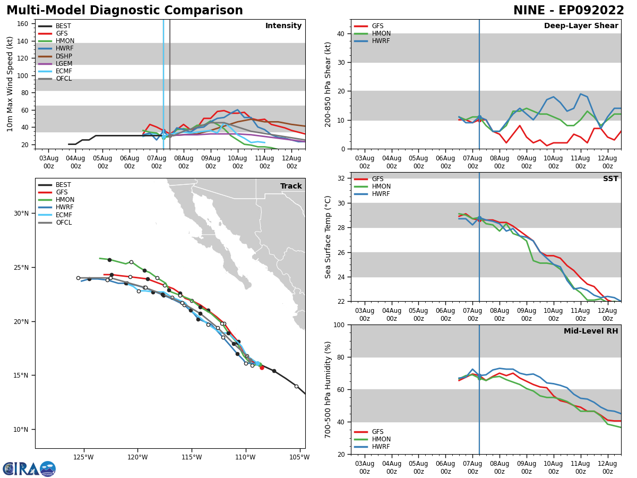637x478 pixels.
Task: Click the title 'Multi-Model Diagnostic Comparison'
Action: pos(124,11)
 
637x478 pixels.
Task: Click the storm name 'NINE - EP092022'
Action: pos(569,11)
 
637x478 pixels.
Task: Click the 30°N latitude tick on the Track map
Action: pos(21,214)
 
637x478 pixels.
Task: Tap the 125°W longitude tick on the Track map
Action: pos(83,457)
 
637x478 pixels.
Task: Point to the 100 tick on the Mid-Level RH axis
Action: pos(338,325)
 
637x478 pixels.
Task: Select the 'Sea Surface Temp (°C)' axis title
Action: pos(329,237)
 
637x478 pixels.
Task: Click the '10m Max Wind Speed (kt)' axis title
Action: pos(11,84)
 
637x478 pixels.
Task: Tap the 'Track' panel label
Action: pos(291,186)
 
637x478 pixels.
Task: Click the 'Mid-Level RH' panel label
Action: pos(591,331)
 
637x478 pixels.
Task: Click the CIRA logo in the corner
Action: pos(29,469)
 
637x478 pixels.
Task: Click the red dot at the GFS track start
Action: pos(262,368)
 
